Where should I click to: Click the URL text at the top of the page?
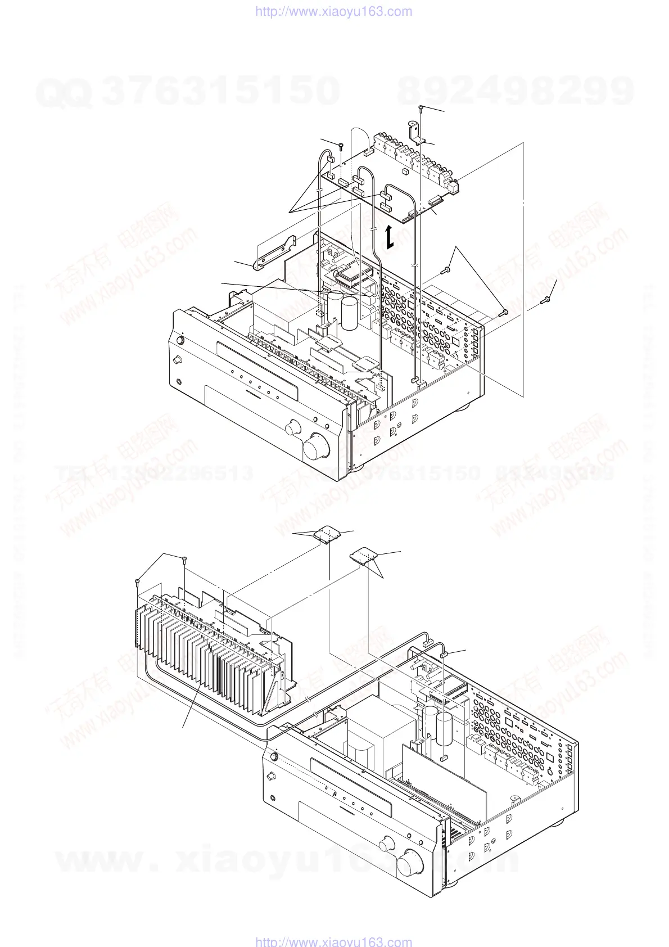[333, 12]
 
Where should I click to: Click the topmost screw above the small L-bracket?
[421, 108]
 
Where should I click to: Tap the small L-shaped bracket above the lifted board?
[416, 133]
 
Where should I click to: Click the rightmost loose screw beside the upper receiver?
[544, 301]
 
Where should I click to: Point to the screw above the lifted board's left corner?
[341, 146]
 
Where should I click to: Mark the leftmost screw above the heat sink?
[137, 581]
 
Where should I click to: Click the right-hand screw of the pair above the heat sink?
[185, 559]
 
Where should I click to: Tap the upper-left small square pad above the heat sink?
[327, 535]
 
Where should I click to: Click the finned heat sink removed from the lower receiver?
[208, 652]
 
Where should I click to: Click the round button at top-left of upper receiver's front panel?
[180, 341]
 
